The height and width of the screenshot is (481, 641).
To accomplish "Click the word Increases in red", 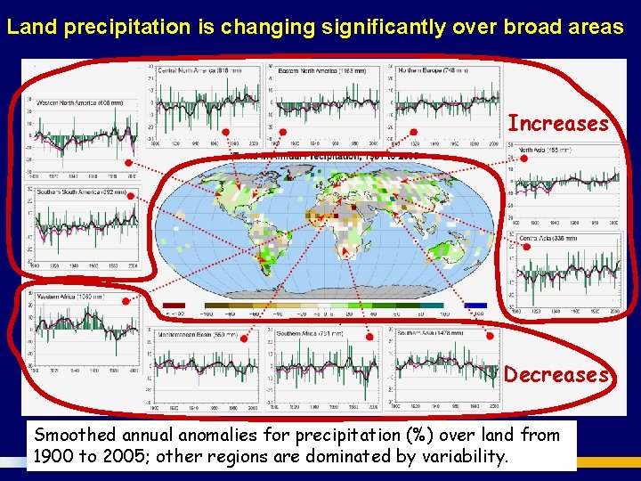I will (558, 123).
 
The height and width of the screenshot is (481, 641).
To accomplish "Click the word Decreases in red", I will (556, 374).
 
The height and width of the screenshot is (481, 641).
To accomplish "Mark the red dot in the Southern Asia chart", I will (490, 337).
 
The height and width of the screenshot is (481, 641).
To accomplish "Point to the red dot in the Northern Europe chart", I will (413, 133).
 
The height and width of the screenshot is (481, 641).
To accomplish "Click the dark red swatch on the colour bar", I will (175, 306).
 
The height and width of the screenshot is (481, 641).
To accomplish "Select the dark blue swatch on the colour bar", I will (475, 306).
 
